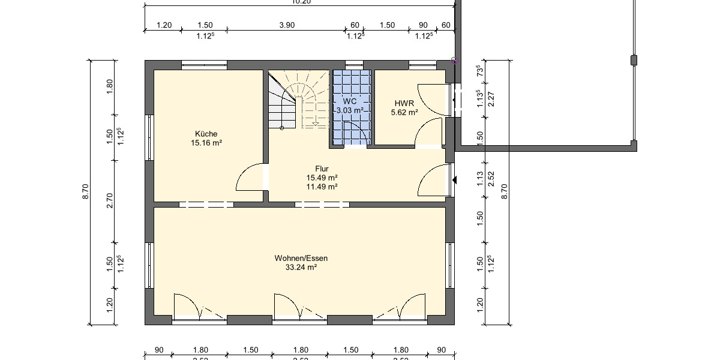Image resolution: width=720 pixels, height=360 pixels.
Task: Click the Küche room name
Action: click(x=206, y=134)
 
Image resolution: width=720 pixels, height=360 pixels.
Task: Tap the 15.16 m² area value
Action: click(x=206, y=143)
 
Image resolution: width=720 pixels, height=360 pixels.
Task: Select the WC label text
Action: click(x=350, y=101)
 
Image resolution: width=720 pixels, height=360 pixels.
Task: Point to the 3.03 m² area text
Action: click(x=350, y=110)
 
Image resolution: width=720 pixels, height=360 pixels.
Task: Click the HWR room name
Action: click(x=404, y=103)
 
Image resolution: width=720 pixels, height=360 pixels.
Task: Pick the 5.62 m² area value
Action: click(x=404, y=112)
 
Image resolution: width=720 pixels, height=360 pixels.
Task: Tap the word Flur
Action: click(x=322, y=169)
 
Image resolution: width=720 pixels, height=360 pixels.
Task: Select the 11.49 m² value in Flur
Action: click(x=322, y=187)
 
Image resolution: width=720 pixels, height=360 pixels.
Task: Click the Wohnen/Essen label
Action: click(x=301, y=259)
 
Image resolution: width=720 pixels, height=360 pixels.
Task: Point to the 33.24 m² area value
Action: click(x=301, y=268)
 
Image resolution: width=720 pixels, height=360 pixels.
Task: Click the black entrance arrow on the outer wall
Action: click(x=455, y=180)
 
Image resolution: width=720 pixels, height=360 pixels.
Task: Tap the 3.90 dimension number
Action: click(x=287, y=25)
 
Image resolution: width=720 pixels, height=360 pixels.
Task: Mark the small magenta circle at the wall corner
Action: click(x=454, y=60)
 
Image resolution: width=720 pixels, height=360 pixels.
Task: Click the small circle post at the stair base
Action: click(x=281, y=128)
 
